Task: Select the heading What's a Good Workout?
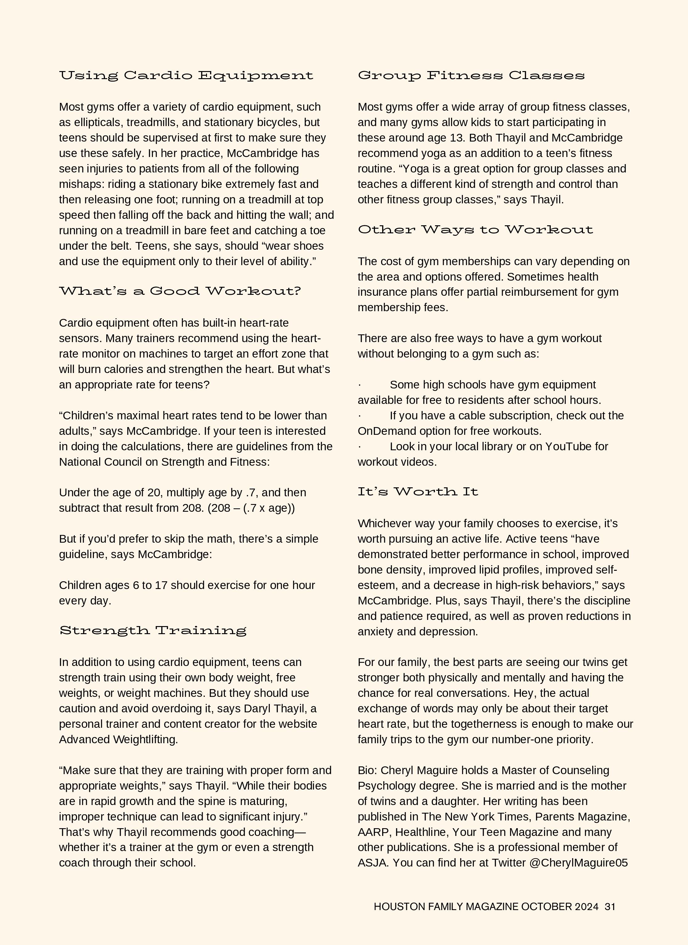pos(179,291)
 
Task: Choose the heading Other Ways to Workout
pos(475,230)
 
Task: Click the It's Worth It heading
pos(417,492)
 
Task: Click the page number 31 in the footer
pos(610,907)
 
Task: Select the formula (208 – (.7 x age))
pos(251,508)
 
